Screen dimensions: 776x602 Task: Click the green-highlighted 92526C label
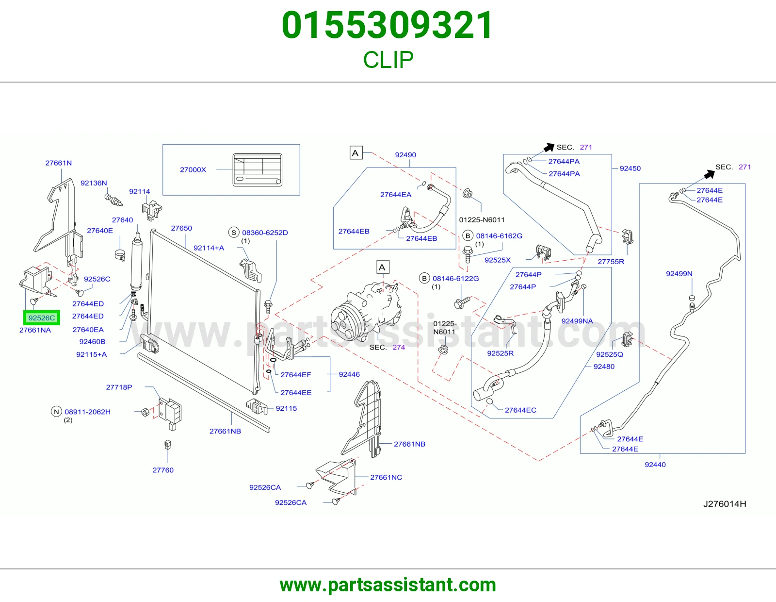42,318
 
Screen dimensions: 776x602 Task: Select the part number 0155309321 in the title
388,25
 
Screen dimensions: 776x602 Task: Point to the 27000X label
193,170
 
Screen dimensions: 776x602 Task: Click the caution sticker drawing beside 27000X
257,170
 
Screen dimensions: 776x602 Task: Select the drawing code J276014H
725,504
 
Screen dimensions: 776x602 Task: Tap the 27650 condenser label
181,228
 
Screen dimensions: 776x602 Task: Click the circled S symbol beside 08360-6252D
234,233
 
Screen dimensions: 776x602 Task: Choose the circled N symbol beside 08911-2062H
56,412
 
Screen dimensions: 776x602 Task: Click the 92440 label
655,465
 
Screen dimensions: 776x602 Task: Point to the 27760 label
163,470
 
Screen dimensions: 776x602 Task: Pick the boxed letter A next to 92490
356,153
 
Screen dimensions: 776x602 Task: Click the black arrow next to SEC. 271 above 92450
549,147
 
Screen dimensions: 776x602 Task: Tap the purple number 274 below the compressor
399,347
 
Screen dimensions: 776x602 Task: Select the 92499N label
679,273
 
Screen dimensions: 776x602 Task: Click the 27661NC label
386,477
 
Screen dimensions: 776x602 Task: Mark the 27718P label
119,387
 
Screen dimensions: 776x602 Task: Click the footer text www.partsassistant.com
388,585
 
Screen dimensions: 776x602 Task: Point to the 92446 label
349,374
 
